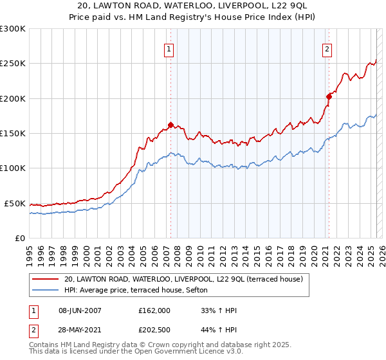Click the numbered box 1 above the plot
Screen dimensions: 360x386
169,49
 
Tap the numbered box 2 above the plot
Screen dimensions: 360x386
327,49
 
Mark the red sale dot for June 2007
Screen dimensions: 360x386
170,125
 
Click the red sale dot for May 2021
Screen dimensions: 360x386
329,97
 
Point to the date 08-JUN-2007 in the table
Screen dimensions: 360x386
80,310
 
